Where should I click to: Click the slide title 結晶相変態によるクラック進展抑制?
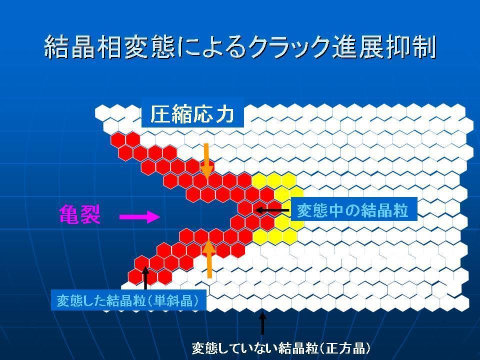click(240, 47)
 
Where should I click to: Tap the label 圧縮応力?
click(192, 114)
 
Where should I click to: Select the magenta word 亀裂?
click(79, 214)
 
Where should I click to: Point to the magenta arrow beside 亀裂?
click(139, 216)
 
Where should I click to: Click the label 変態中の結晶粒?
click(352, 210)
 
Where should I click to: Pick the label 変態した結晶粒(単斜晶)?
click(128, 301)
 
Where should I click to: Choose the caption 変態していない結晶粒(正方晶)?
click(281, 348)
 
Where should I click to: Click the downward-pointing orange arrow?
click(207, 161)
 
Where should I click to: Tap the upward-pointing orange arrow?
click(209, 259)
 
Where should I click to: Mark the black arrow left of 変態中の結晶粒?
click(271, 210)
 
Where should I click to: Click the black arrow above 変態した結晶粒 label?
click(145, 278)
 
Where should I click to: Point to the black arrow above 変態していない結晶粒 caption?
click(262, 323)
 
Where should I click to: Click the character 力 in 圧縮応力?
click(225, 114)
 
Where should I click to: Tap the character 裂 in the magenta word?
click(90, 214)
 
